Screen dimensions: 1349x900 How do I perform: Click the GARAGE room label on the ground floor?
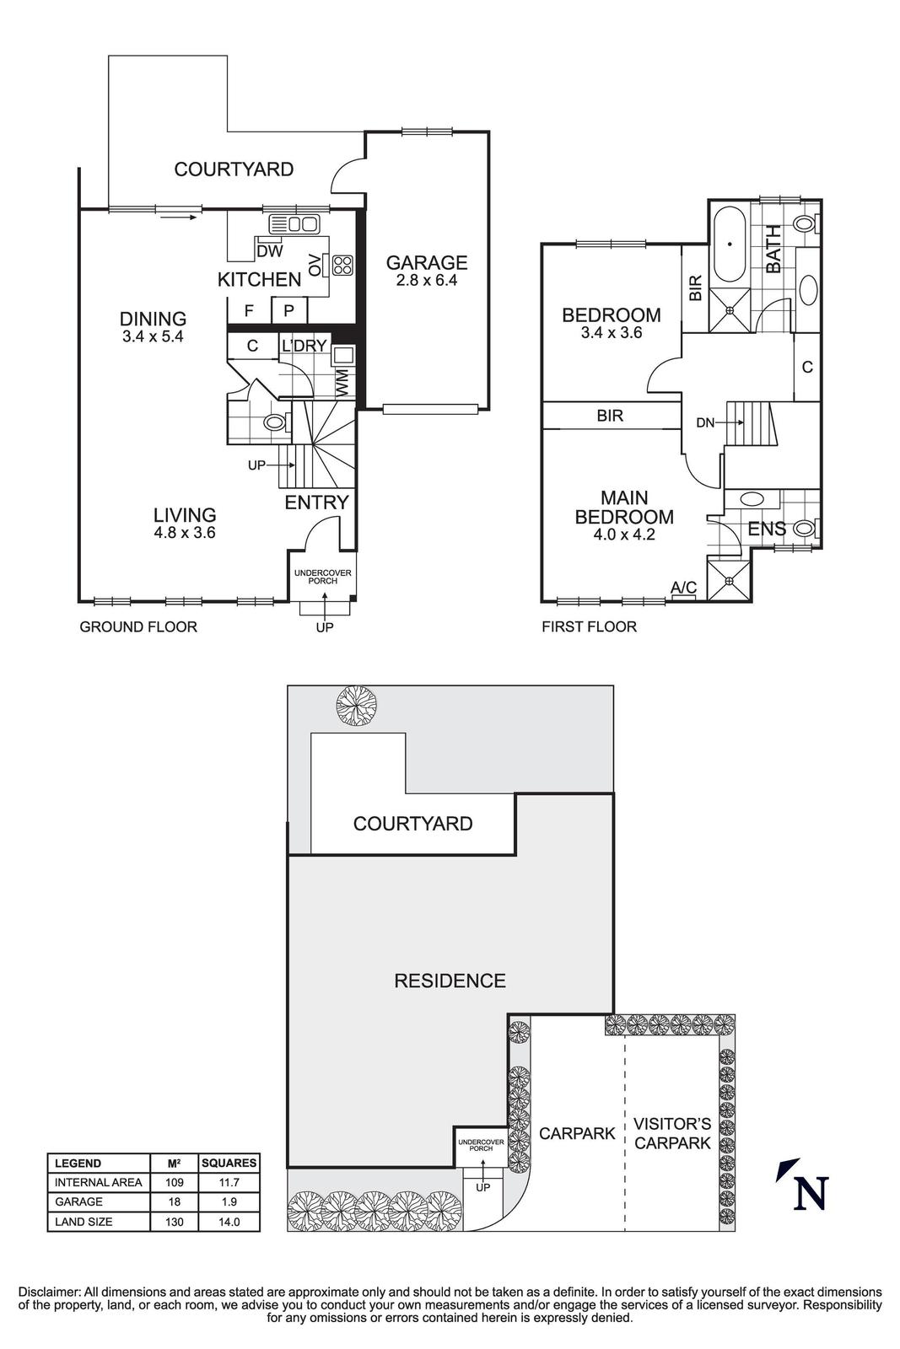pyautogui.click(x=426, y=262)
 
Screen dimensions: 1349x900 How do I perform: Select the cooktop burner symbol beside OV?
pyautogui.click(x=342, y=266)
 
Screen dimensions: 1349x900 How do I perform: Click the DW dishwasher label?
pyautogui.click(x=269, y=251)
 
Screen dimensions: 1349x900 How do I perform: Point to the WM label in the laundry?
pyautogui.click(x=342, y=385)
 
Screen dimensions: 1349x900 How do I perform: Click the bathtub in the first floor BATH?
pyautogui.click(x=730, y=244)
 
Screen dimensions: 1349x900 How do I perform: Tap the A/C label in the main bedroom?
pyautogui.click(x=683, y=587)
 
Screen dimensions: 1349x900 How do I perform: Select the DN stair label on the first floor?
pyautogui.click(x=706, y=423)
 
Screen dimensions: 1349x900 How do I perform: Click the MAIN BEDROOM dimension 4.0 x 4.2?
pyautogui.click(x=625, y=534)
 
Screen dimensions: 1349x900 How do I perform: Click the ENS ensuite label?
pyautogui.click(x=767, y=529)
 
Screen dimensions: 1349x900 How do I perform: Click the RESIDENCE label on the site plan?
pyautogui.click(x=450, y=981)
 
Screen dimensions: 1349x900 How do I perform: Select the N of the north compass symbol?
pyautogui.click(x=811, y=1194)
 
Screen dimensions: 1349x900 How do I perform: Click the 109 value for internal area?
pyautogui.click(x=175, y=1183)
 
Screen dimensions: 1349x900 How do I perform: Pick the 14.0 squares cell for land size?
pyautogui.click(x=229, y=1221)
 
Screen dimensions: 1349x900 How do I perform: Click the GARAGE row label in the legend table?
pyautogui.click(x=78, y=1201)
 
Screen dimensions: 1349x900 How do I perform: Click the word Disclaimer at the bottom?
pyautogui.click(x=48, y=1292)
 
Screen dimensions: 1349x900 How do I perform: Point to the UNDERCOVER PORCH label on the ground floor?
pyautogui.click(x=323, y=577)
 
